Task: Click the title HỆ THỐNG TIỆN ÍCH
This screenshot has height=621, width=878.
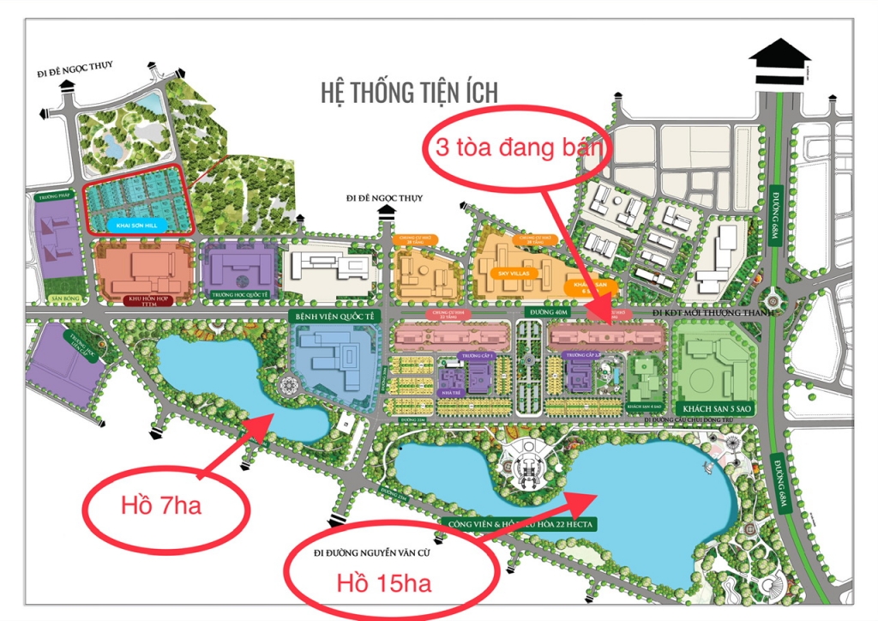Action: tap(409, 92)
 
